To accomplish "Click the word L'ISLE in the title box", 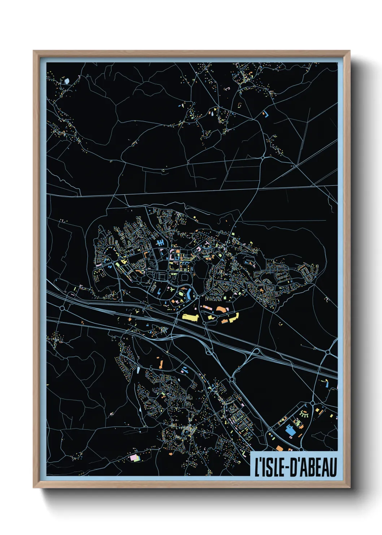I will [269, 467].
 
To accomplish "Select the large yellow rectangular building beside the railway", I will [190, 317].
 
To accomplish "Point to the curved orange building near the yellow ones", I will [221, 309].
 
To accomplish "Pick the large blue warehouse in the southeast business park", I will [290, 431].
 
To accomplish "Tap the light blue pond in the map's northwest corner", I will [67, 81].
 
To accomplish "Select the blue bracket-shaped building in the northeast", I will [266, 114].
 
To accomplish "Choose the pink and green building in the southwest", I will [134, 458].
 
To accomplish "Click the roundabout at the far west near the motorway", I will [62, 308].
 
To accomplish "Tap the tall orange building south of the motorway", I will [161, 363].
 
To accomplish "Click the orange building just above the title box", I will [279, 448].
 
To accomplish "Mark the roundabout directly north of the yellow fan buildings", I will [313, 403].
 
